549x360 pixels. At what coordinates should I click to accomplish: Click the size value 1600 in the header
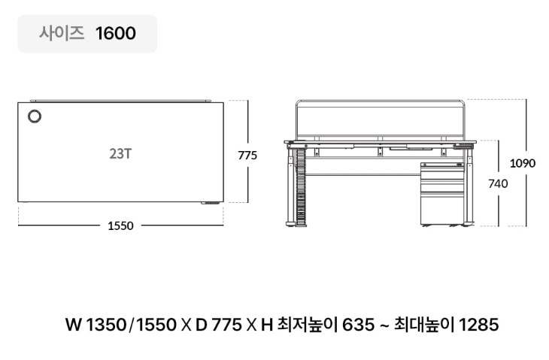point(116,33)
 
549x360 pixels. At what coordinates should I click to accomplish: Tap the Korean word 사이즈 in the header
point(62,33)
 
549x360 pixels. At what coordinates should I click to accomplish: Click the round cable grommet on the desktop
point(35,116)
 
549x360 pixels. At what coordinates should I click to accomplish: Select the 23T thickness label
point(120,153)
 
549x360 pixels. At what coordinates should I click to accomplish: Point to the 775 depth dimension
point(247,155)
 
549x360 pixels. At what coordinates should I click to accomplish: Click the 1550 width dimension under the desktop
point(120,225)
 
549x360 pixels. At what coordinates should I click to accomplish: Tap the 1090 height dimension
point(523,163)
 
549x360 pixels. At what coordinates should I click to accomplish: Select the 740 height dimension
point(498,183)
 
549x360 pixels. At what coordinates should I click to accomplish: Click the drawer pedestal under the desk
point(442,194)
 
